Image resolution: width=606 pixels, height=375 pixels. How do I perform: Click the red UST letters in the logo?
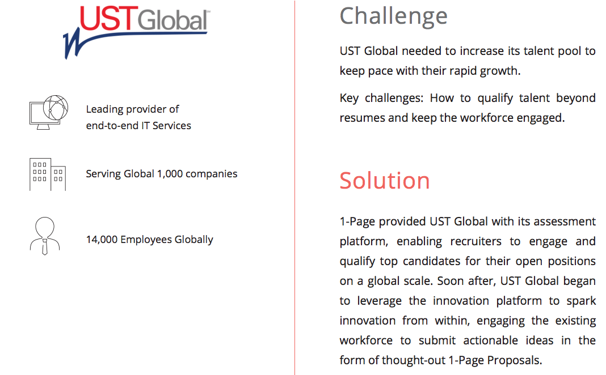tap(108, 18)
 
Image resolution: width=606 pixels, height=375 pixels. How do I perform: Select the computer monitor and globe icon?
tap(49, 112)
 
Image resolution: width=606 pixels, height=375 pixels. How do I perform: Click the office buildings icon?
tap(48, 174)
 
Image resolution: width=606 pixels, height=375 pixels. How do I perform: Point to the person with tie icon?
tap(45, 236)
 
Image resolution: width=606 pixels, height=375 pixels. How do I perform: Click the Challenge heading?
tap(393, 17)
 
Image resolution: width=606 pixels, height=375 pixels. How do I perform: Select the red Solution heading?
tap(385, 181)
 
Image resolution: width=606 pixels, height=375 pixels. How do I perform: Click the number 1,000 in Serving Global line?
tap(170, 174)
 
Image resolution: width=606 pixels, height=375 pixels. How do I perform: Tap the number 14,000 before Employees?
tap(102, 240)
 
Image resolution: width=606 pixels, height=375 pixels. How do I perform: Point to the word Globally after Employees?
tap(193, 240)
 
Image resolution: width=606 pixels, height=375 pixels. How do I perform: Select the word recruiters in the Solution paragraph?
tap(475, 241)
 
